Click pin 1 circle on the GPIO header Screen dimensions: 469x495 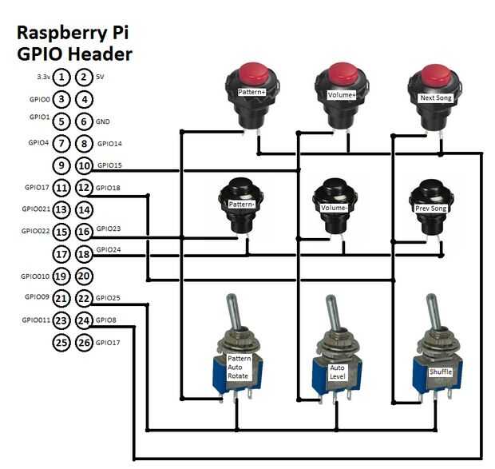tap(61, 78)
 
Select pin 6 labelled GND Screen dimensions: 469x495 tap(84, 122)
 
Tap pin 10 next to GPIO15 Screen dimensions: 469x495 tap(84, 165)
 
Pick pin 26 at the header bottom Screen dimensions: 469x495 tap(84, 343)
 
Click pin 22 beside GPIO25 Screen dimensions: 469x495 tap(84, 298)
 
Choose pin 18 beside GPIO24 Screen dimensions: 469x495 tap(84, 254)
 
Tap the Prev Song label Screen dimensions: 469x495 tap(432, 209)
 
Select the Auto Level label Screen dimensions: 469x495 tap(339, 372)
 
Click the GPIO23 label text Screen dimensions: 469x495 tap(109, 228)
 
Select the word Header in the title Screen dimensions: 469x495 tap(101, 54)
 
